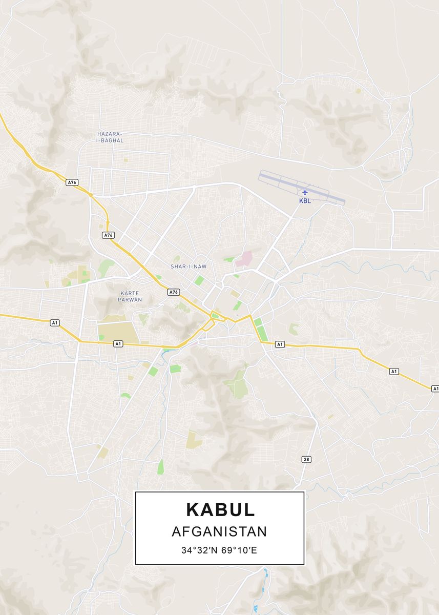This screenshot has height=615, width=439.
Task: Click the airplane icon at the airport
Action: pyautogui.click(x=305, y=193)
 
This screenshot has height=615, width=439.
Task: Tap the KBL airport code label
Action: pyautogui.click(x=305, y=201)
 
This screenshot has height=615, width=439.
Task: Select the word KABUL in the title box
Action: pyautogui.click(x=220, y=509)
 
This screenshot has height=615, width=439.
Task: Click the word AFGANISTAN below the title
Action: pyautogui.click(x=219, y=531)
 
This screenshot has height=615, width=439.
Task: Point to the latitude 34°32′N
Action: pyautogui.click(x=199, y=551)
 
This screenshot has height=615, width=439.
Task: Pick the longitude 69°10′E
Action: pyautogui.click(x=241, y=551)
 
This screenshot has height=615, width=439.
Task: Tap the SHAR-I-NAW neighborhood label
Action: pyautogui.click(x=188, y=266)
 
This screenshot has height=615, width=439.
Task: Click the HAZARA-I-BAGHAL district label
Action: pyautogui.click(x=110, y=137)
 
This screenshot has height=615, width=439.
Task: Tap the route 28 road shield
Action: pyautogui.click(x=306, y=459)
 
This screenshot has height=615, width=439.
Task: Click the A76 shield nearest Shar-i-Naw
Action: pyautogui.click(x=174, y=292)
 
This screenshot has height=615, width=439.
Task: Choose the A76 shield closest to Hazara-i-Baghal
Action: pyautogui.click(x=72, y=182)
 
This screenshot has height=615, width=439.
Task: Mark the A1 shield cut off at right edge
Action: pyautogui.click(x=435, y=389)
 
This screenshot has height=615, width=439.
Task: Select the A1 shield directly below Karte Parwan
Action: pyautogui.click(x=118, y=344)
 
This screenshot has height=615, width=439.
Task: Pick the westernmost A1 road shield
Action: pyautogui.click(x=55, y=322)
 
